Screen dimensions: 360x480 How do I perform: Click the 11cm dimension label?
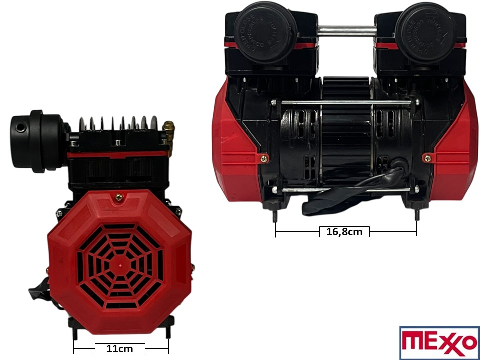[120, 349]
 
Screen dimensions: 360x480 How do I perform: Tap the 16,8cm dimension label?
[344, 232]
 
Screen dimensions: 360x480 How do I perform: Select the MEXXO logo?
[439, 343]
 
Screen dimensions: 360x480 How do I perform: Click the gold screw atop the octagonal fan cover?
[119, 197]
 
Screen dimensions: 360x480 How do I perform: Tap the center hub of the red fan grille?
[121, 261]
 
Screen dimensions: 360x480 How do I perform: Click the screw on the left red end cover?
[264, 158]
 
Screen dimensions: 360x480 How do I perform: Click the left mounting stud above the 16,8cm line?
[276, 215]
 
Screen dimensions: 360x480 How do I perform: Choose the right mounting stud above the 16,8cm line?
[416, 215]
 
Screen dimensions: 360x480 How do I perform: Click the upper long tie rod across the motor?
[345, 103]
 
